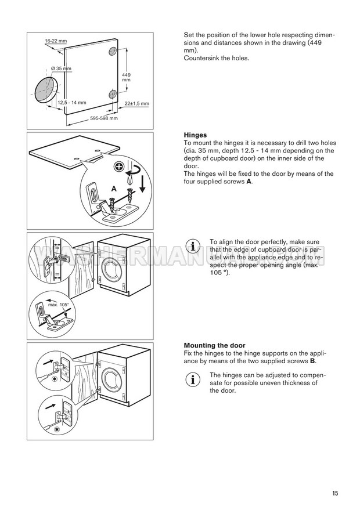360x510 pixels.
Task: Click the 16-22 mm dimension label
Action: click(x=56, y=42)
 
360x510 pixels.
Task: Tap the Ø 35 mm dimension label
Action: click(x=61, y=69)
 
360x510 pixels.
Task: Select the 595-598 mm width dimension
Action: click(x=104, y=118)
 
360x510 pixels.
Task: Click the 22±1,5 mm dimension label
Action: click(x=137, y=104)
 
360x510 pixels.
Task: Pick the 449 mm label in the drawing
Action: click(x=127, y=77)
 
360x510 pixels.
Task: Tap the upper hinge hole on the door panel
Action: click(x=112, y=52)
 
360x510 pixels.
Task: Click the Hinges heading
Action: click(x=195, y=135)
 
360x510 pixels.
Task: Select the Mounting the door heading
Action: click(x=214, y=345)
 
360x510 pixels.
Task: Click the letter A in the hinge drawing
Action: click(x=114, y=189)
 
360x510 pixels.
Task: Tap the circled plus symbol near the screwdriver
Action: click(x=119, y=167)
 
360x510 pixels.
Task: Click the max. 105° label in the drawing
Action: click(x=59, y=305)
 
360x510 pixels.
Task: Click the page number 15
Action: click(x=335, y=494)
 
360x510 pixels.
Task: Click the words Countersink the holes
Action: click(x=216, y=59)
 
